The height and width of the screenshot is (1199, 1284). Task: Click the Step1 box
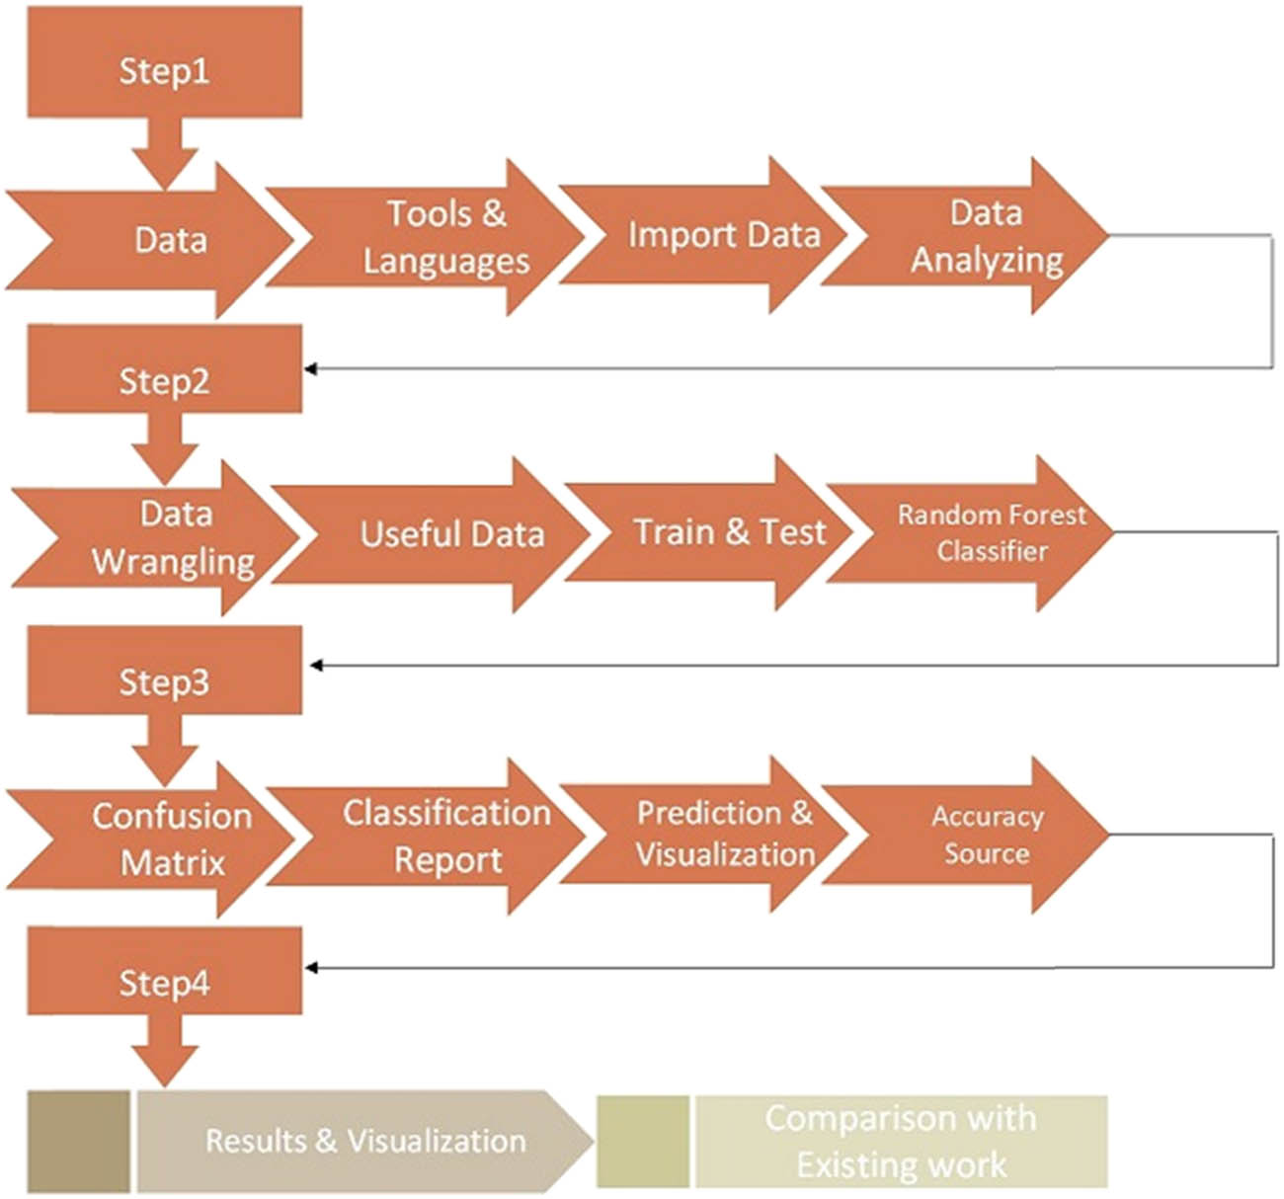click(164, 69)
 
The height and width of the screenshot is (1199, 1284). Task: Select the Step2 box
click(164, 379)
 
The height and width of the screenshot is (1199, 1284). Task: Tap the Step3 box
click(164, 680)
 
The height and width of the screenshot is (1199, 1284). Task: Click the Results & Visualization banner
click(364, 1141)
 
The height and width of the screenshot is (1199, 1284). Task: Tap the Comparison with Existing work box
click(901, 1141)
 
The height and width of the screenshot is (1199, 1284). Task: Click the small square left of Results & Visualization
click(78, 1141)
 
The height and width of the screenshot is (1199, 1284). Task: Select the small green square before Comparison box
click(643, 1141)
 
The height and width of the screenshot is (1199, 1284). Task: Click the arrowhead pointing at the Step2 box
click(310, 368)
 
